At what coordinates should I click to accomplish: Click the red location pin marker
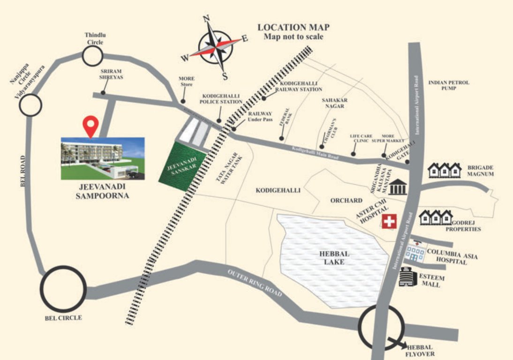(91, 126)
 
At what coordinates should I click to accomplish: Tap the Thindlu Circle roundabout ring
(92, 56)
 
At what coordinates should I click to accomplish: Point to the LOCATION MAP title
(294, 27)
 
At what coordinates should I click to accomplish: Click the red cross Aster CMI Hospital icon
(389, 221)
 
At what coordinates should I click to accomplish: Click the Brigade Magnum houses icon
(444, 171)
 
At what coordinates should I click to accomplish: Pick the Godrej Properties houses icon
(435, 217)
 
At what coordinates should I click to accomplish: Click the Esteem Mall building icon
(406, 277)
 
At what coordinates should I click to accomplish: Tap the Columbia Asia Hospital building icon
(415, 252)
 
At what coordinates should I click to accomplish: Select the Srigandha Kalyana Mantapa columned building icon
(399, 186)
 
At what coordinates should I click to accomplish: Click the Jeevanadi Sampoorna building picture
(103, 158)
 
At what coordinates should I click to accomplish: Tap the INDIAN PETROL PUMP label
(448, 85)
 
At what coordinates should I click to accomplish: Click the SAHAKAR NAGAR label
(333, 103)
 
